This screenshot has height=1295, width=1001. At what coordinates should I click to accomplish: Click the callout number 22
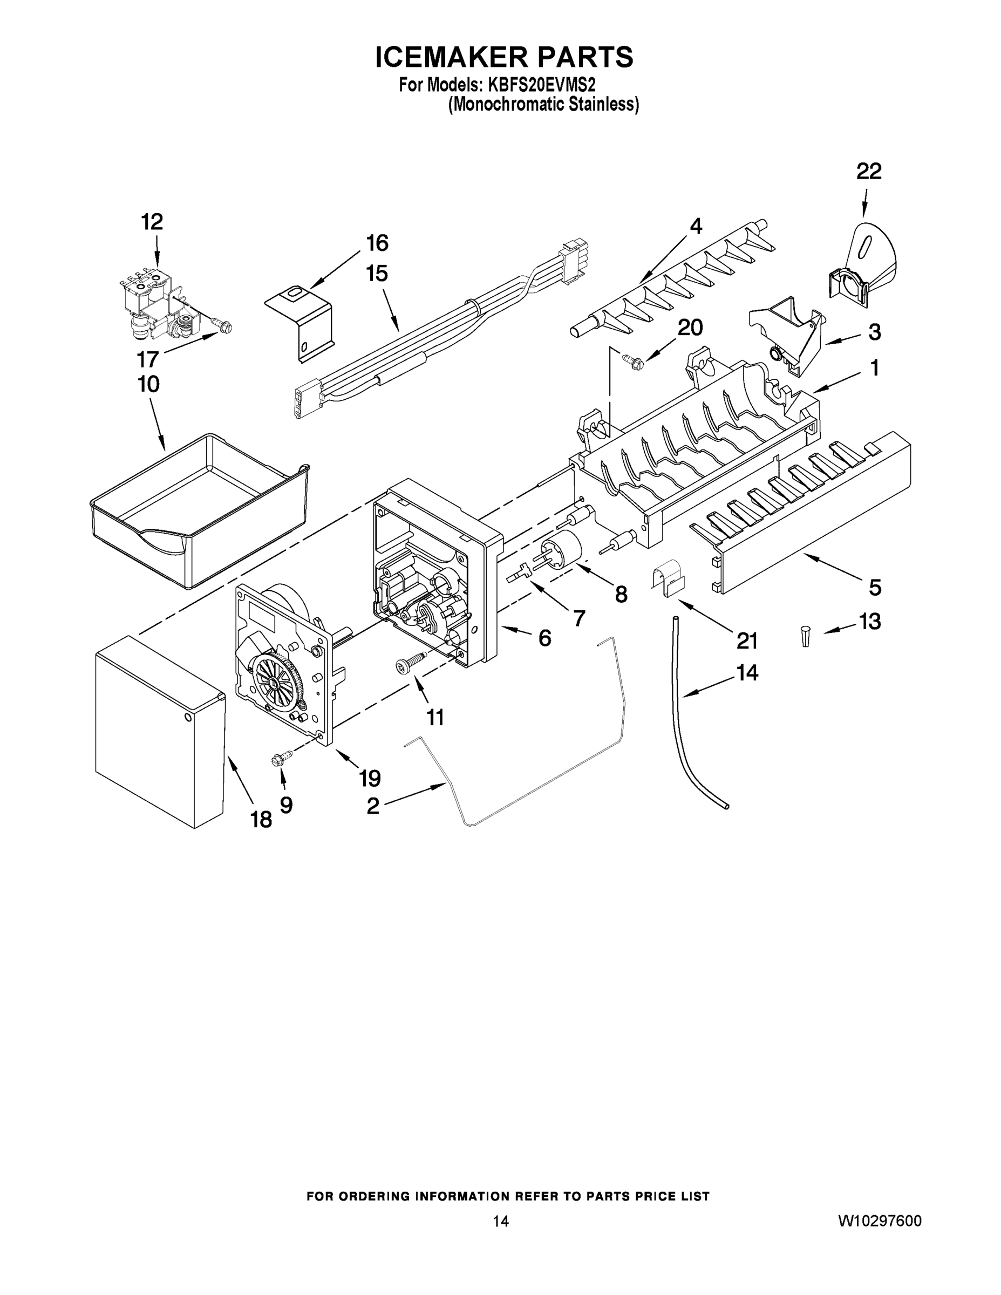pyautogui.click(x=869, y=172)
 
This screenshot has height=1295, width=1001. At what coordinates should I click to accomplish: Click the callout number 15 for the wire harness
pyautogui.click(x=377, y=274)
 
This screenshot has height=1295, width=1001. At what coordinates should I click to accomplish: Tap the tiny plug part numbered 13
pyautogui.click(x=805, y=636)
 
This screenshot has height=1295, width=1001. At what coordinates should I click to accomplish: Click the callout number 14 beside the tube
pyautogui.click(x=747, y=673)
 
